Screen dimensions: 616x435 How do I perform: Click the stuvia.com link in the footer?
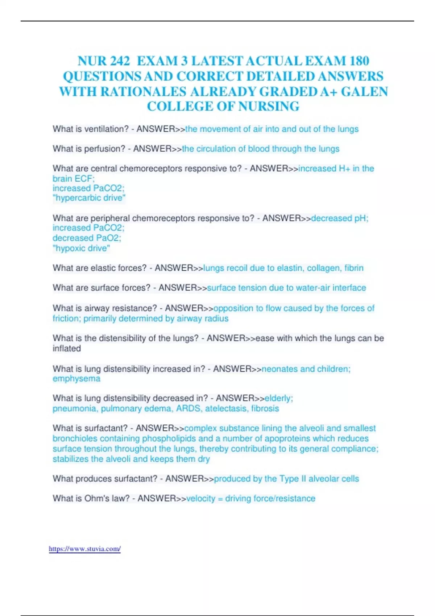[84, 549]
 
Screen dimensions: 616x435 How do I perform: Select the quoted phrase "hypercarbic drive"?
[89, 198]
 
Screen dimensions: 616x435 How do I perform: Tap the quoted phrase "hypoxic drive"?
[81, 248]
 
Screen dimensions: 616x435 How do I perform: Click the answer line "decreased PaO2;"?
[87, 238]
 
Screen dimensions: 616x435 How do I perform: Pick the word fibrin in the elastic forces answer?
[354, 268]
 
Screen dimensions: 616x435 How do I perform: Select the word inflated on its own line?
[67, 349]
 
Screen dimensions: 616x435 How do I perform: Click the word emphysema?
[76, 379]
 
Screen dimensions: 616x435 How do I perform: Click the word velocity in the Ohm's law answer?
[200, 499]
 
